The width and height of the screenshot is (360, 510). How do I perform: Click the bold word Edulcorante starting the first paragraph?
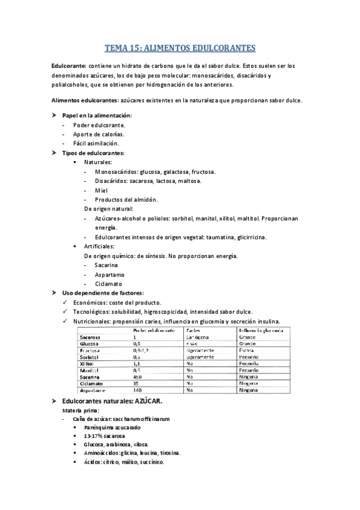tap(69, 66)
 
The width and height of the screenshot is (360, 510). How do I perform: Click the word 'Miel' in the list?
tap(102, 190)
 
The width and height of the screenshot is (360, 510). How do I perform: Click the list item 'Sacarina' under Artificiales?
tap(106, 265)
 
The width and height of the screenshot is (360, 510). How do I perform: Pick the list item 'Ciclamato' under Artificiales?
tap(108, 283)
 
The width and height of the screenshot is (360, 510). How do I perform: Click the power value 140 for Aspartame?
tap(138, 391)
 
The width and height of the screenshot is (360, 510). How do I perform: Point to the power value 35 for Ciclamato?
tap(136, 384)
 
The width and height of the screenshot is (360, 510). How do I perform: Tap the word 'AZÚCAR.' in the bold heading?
tap(147, 401)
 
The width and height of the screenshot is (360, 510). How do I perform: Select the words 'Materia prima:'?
tap(80, 410)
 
